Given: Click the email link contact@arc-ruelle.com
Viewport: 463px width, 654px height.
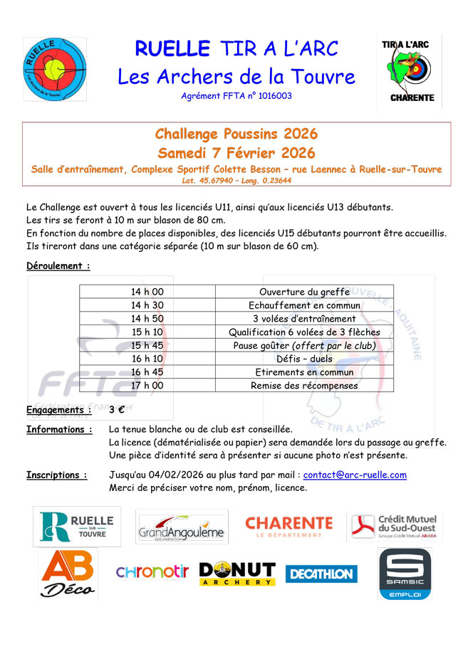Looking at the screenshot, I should tap(355, 475).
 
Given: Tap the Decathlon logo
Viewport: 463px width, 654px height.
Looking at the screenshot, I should tap(321, 574).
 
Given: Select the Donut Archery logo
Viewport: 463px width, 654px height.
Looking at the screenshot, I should tap(237, 574).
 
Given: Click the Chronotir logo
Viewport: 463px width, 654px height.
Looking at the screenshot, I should tap(152, 572).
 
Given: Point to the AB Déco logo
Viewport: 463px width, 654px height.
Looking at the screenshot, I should tap(68, 574).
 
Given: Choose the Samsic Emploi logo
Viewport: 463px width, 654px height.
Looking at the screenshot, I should tap(404, 574).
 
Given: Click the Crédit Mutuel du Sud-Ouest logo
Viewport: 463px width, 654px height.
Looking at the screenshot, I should tap(395, 527).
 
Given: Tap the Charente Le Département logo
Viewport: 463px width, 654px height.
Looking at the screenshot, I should tap(288, 527).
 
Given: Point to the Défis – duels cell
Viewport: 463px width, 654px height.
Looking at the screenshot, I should tap(304, 359).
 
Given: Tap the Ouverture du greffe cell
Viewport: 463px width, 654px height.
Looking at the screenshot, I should tap(304, 292).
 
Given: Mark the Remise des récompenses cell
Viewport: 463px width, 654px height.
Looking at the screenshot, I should tap(304, 386).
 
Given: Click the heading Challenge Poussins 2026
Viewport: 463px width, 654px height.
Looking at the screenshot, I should tap(236, 135).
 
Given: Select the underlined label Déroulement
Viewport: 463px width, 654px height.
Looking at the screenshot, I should tap(58, 266).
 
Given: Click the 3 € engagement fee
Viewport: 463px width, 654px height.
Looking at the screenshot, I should tap(117, 410).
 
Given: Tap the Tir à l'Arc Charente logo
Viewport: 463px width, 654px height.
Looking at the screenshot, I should tap(412, 71).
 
